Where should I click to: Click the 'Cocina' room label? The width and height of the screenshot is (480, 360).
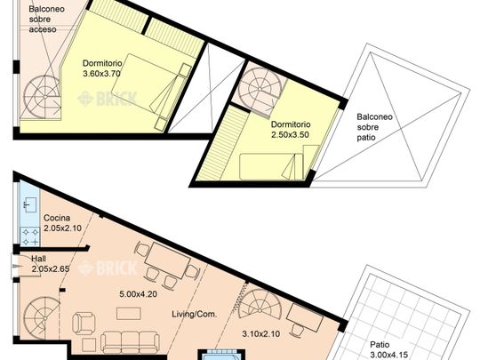57,218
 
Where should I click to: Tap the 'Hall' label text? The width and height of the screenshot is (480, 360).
38,259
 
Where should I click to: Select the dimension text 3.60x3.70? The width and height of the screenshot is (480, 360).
101,74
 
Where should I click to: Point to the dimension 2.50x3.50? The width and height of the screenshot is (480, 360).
290,135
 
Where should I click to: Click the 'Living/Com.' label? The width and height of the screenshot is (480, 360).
195,314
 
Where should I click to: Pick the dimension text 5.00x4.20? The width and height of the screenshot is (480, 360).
139,294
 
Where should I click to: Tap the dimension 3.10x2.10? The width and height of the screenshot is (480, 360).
261,333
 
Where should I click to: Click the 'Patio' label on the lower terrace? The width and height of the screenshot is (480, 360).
380,345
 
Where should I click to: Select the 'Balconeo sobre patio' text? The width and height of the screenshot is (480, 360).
375,127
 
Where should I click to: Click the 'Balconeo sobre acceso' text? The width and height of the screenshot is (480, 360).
46,19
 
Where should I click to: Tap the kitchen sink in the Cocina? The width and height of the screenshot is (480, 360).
30,205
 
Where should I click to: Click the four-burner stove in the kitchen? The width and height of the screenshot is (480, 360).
30,236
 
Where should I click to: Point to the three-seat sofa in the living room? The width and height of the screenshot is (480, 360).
130,342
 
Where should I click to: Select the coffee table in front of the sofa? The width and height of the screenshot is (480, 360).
129,314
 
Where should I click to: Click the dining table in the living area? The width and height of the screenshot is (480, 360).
168,260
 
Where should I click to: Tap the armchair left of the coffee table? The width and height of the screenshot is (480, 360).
84,324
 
